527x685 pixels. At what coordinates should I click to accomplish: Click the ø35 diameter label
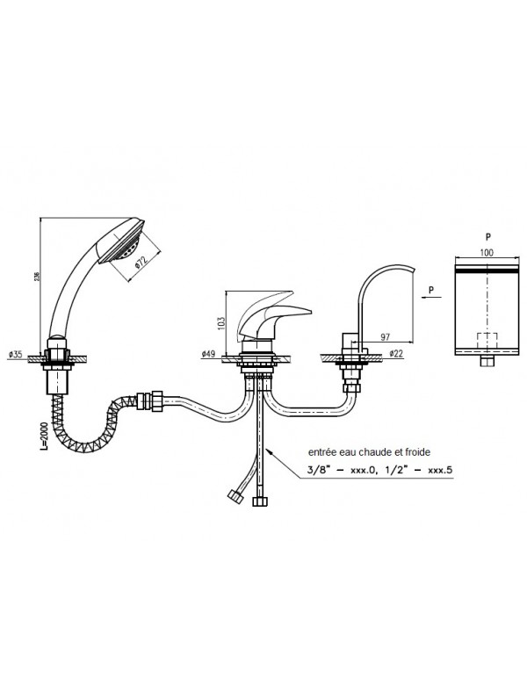click(x=16, y=354)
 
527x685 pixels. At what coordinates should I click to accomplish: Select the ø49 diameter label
click(x=207, y=354)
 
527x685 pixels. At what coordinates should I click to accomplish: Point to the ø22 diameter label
click(x=395, y=354)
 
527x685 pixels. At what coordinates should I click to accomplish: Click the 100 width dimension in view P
click(x=486, y=253)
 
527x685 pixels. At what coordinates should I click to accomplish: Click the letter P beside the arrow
click(x=430, y=287)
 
